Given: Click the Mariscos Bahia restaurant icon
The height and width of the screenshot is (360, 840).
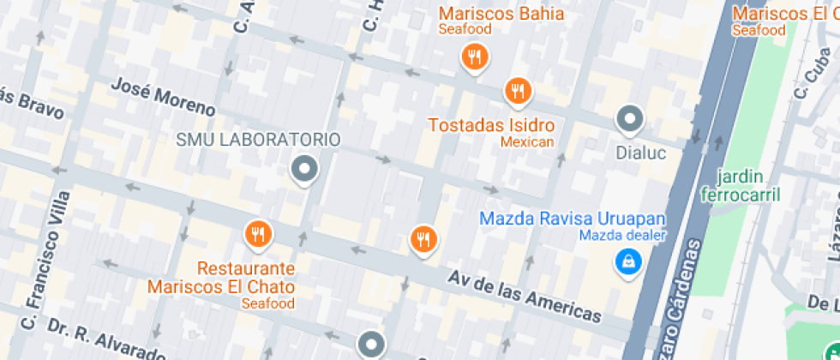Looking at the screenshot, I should coord(473,58).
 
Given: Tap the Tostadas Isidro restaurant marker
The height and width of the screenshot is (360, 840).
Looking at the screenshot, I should coord(517,90).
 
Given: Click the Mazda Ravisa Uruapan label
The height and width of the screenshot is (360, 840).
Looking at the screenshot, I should coord(572,219).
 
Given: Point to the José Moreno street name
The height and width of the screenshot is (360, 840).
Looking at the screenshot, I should coord(163,98).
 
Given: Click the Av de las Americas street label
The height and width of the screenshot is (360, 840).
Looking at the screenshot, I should coord(525,295).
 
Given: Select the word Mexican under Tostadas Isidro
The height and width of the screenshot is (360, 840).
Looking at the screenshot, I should coord(527,141).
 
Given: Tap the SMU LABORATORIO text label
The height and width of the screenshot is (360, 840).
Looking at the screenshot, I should coord(258,140).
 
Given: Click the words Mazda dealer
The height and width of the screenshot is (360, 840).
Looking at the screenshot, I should coord(622,236).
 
